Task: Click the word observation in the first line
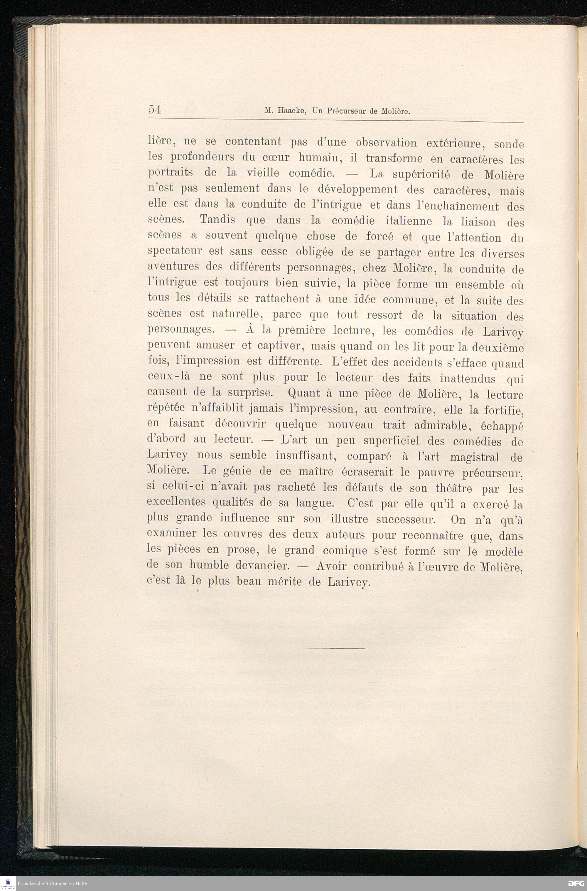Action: [x=386, y=143]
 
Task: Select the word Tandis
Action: [x=217, y=219]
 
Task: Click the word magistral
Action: [x=474, y=458]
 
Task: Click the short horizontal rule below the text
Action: [x=333, y=648]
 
